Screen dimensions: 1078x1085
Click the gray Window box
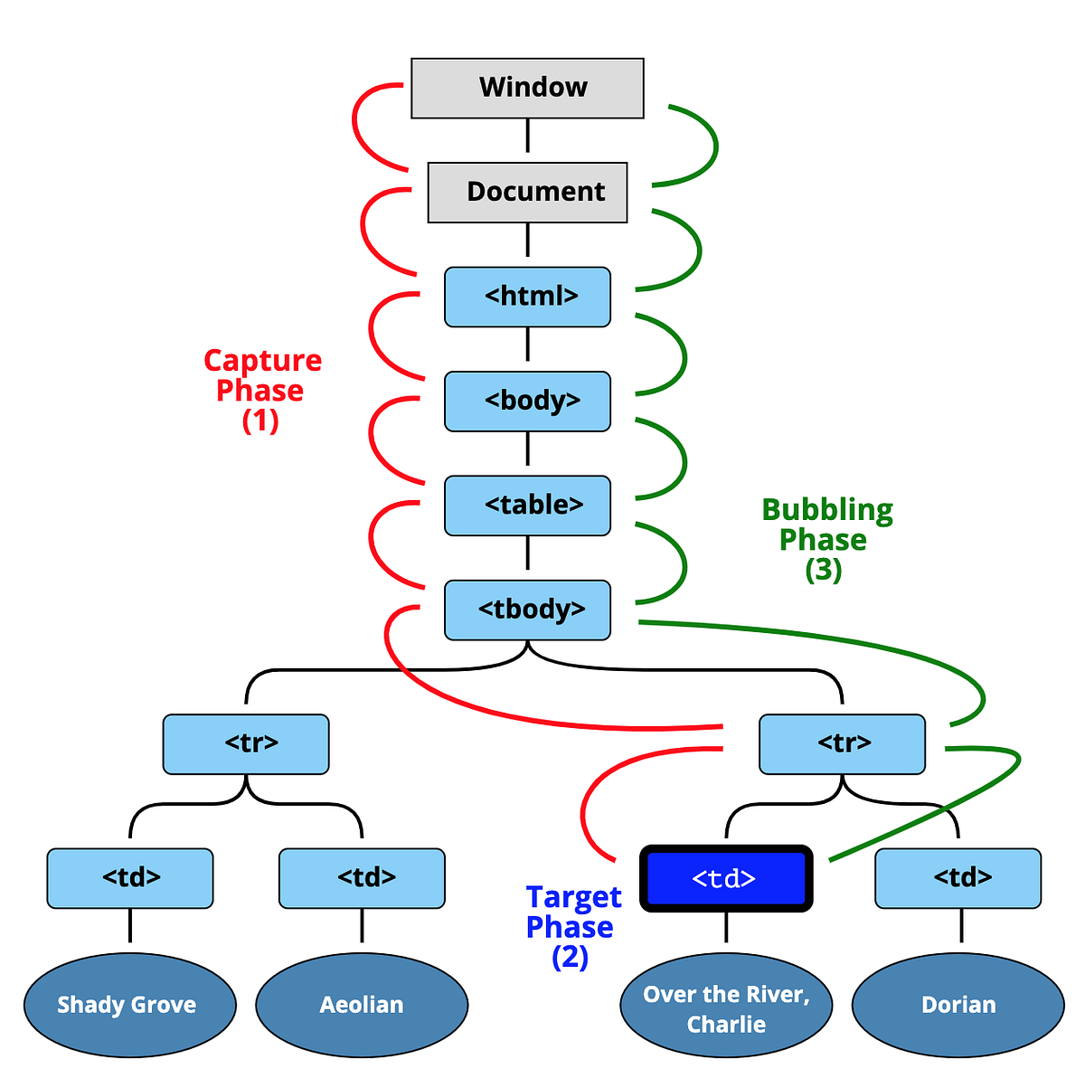tap(527, 88)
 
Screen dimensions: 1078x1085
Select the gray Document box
tap(527, 192)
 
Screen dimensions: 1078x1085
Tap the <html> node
tap(527, 297)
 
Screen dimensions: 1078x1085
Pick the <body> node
tap(527, 401)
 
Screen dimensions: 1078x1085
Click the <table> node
tap(527, 506)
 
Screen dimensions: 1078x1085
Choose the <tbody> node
tap(527, 610)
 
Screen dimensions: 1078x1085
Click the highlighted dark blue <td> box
tap(726, 878)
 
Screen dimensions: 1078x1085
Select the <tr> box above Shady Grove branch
tap(246, 744)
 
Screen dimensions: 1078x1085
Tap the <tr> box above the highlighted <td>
tap(842, 744)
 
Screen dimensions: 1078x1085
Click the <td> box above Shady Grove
tap(130, 878)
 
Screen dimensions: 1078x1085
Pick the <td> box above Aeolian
tap(362, 878)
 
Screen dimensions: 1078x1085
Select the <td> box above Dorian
tap(958, 878)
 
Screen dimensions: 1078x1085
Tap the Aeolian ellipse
tap(362, 1004)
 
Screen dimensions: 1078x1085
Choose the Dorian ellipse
tap(958, 1004)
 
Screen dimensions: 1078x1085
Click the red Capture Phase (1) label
tap(262, 390)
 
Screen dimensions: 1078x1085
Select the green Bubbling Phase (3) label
tap(826, 539)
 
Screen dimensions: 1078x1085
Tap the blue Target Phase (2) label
tap(572, 926)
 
